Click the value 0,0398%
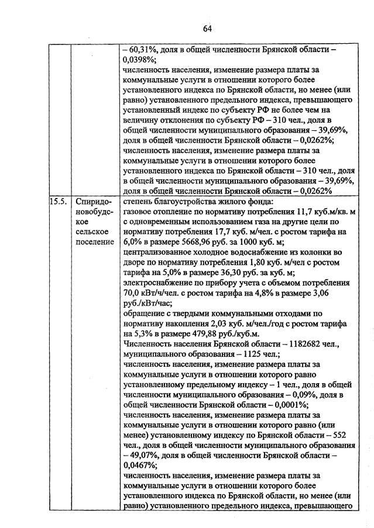139,60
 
